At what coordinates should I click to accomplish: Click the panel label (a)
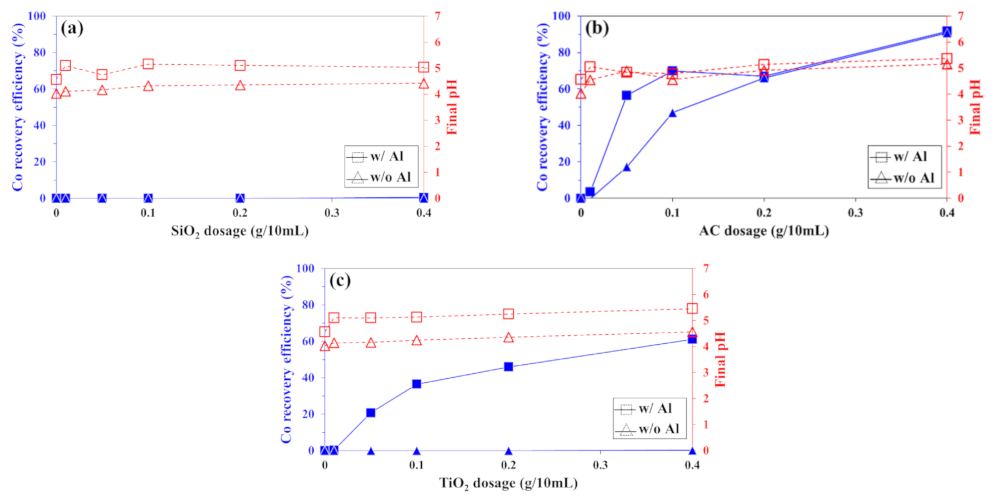(x=72, y=28)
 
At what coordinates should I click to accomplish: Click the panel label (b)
(x=596, y=28)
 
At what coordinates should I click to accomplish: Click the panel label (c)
(x=340, y=280)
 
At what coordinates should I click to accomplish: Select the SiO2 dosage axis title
(x=240, y=231)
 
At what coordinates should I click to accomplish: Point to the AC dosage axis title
(x=763, y=231)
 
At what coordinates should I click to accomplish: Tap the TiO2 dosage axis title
(x=508, y=483)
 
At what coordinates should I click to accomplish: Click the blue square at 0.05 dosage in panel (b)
(x=627, y=95)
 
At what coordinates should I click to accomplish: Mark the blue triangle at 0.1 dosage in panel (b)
(x=672, y=113)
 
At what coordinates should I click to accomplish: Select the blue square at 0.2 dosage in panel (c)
(x=508, y=367)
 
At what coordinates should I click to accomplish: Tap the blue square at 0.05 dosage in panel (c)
(x=371, y=413)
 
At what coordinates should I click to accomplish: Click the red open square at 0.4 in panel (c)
(x=693, y=309)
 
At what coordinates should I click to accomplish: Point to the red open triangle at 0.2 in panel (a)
(x=240, y=86)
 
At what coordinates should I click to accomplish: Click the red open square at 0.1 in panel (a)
(x=148, y=64)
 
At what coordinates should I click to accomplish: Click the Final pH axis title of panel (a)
(x=451, y=107)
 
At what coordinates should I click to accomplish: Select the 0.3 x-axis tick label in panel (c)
(x=600, y=465)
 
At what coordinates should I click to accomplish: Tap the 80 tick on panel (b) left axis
(x=564, y=52)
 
